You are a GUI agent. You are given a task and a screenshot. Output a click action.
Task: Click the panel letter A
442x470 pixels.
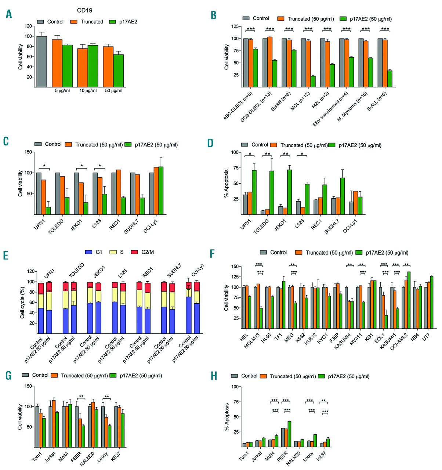pyautogui.click(x=9, y=14)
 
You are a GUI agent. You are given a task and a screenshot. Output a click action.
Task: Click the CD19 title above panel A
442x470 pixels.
pyautogui.click(x=85, y=10)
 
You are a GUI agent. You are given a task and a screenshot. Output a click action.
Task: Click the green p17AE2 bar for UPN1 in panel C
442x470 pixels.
pyautogui.click(x=48, y=210)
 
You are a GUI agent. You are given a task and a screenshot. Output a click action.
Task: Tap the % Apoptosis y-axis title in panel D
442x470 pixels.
pyautogui.click(x=227, y=183)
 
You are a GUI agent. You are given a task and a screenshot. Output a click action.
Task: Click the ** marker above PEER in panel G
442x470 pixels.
pyautogui.click(x=81, y=397)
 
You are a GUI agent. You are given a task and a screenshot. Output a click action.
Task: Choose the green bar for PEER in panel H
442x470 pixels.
pyautogui.click(x=289, y=434)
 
